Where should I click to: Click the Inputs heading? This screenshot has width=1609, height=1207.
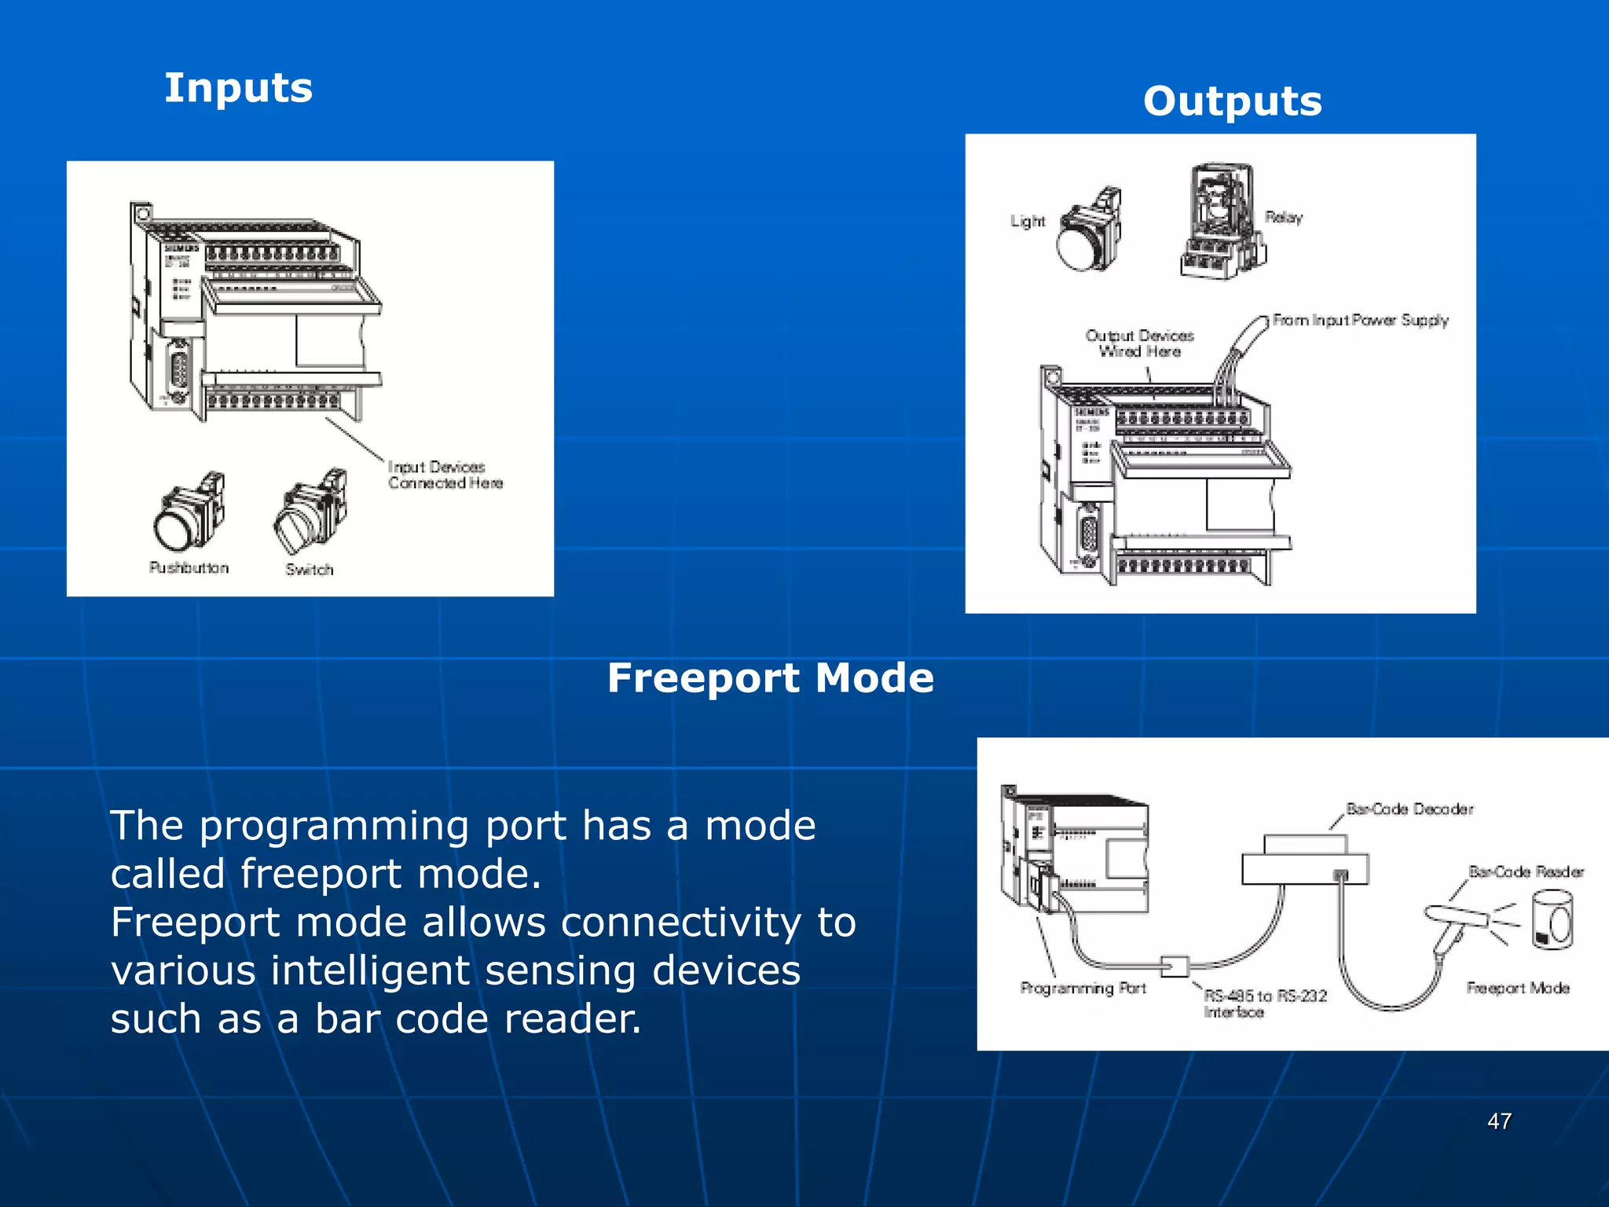tap(238, 88)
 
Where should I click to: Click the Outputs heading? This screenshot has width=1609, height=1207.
tap(1232, 102)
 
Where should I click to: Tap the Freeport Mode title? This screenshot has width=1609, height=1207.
tap(770, 678)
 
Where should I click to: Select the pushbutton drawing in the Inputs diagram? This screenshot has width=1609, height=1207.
tap(189, 514)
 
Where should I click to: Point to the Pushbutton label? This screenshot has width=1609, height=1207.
tap(189, 568)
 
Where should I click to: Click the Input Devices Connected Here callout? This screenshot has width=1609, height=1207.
tap(445, 475)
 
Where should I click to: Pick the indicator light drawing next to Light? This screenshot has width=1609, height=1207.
tap(1090, 233)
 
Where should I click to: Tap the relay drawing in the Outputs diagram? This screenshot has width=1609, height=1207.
tap(1222, 223)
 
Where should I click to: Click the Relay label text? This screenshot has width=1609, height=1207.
tap(1284, 218)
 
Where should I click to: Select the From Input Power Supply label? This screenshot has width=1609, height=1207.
tap(1360, 321)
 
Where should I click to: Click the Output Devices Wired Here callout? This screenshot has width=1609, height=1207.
tap(1139, 343)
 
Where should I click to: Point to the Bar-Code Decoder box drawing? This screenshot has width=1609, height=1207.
tap(1304, 864)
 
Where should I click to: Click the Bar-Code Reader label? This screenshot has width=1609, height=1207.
tap(1526, 872)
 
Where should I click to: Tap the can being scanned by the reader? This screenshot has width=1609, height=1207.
tap(1552, 919)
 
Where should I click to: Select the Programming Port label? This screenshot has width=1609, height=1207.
tap(1083, 989)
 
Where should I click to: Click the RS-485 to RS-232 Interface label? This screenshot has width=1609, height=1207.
tap(1265, 1003)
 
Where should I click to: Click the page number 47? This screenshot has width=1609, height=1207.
tap(1499, 1121)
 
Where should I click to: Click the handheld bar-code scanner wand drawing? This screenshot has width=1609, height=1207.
tap(1453, 923)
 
